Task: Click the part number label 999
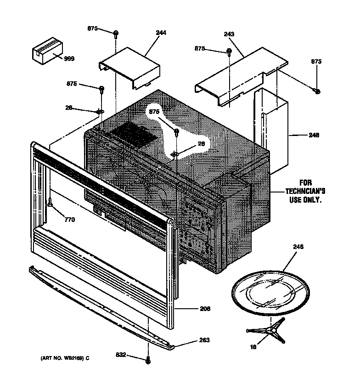[x=68, y=58]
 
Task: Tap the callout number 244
[x=161, y=33]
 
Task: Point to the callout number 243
[x=230, y=35]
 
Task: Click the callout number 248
[x=314, y=136]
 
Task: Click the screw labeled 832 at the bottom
[x=148, y=361]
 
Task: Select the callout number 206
[x=205, y=309]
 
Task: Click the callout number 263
[x=204, y=340]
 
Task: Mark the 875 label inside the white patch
[x=154, y=112]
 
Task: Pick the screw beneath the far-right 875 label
[x=317, y=91]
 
